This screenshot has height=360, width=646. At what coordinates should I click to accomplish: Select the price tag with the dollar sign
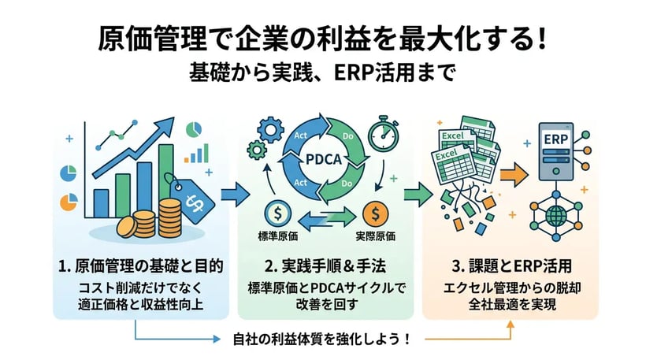click(196, 200)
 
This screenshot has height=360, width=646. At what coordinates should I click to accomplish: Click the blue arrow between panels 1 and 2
click(234, 193)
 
